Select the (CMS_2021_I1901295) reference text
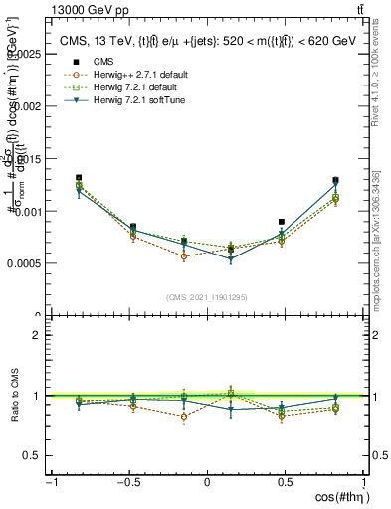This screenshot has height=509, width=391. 207,297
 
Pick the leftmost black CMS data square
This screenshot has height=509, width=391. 79,178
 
